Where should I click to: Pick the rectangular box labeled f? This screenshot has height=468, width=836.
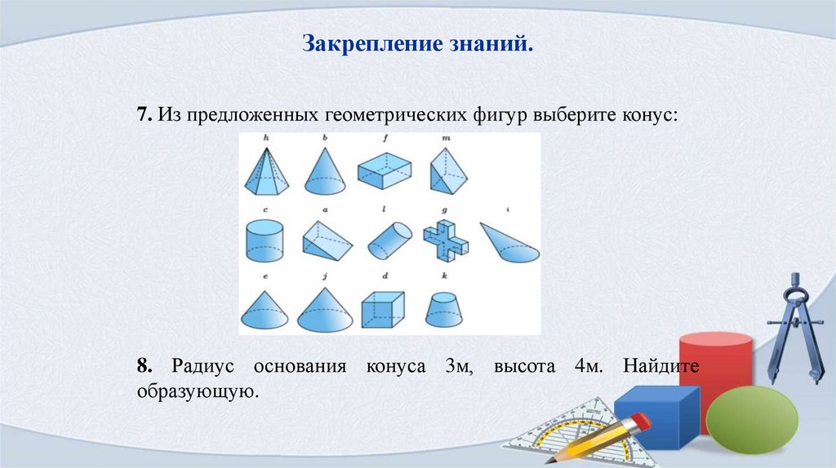(384, 170)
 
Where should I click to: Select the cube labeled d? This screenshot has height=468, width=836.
(383, 310)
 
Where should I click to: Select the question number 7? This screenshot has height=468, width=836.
(144, 115)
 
